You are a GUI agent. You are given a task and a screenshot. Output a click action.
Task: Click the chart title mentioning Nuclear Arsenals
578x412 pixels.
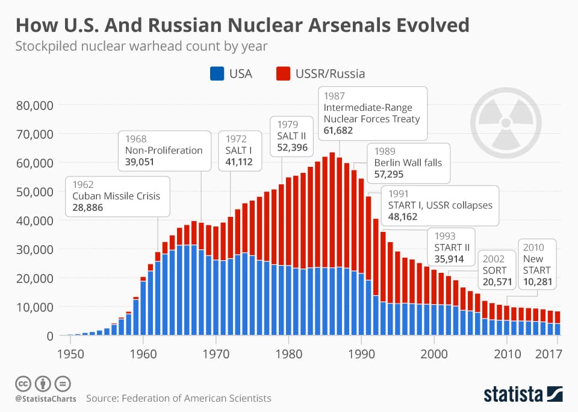click(x=242, y=25)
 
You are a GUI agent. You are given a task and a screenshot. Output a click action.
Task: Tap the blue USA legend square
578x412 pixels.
click(x=217, y=74)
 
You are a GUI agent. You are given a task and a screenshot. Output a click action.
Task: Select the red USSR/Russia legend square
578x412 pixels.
click(x=283, y=74)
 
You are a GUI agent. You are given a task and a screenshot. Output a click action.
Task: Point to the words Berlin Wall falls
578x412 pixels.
click(x=408, y=163)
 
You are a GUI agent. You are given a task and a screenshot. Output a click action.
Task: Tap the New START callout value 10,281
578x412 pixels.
click(x=537, y=282)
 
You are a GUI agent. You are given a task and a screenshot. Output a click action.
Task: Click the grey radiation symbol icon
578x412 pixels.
click(x=502, y=121)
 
